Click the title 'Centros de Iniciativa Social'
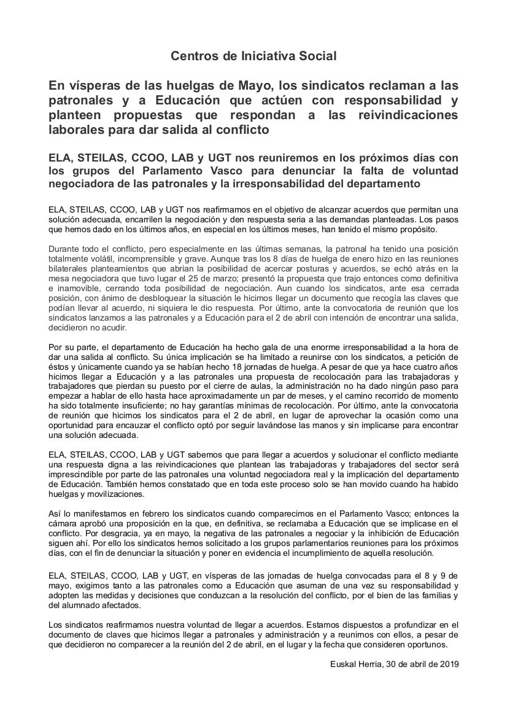click(x=253, y=56)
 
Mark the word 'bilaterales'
click(x=68, y=269)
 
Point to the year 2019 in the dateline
click(x=448, y=664)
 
